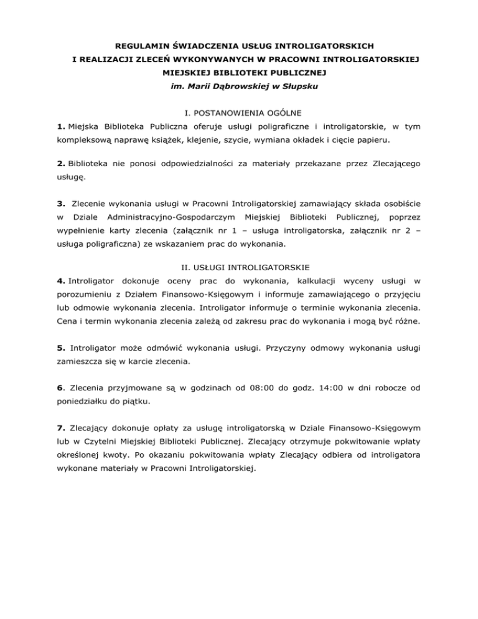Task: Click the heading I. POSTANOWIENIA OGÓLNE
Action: (239, 113)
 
